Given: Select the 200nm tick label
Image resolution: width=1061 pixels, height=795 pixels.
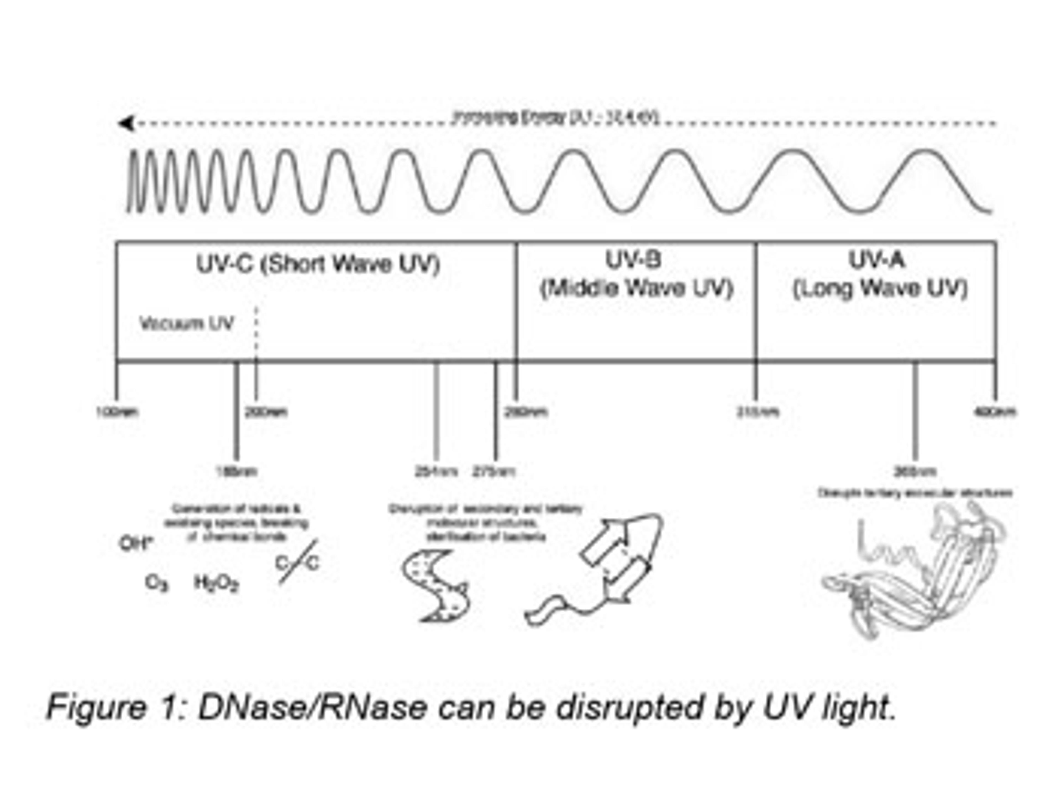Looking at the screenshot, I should (266, 412).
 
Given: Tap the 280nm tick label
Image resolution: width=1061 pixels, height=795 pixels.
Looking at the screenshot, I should (526, 412).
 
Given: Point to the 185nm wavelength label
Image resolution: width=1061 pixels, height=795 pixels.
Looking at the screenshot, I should (237, 471).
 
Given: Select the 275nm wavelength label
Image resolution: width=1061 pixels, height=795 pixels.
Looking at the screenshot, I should (494, 471).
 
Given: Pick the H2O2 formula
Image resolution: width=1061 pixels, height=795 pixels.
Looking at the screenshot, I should (216, 583).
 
